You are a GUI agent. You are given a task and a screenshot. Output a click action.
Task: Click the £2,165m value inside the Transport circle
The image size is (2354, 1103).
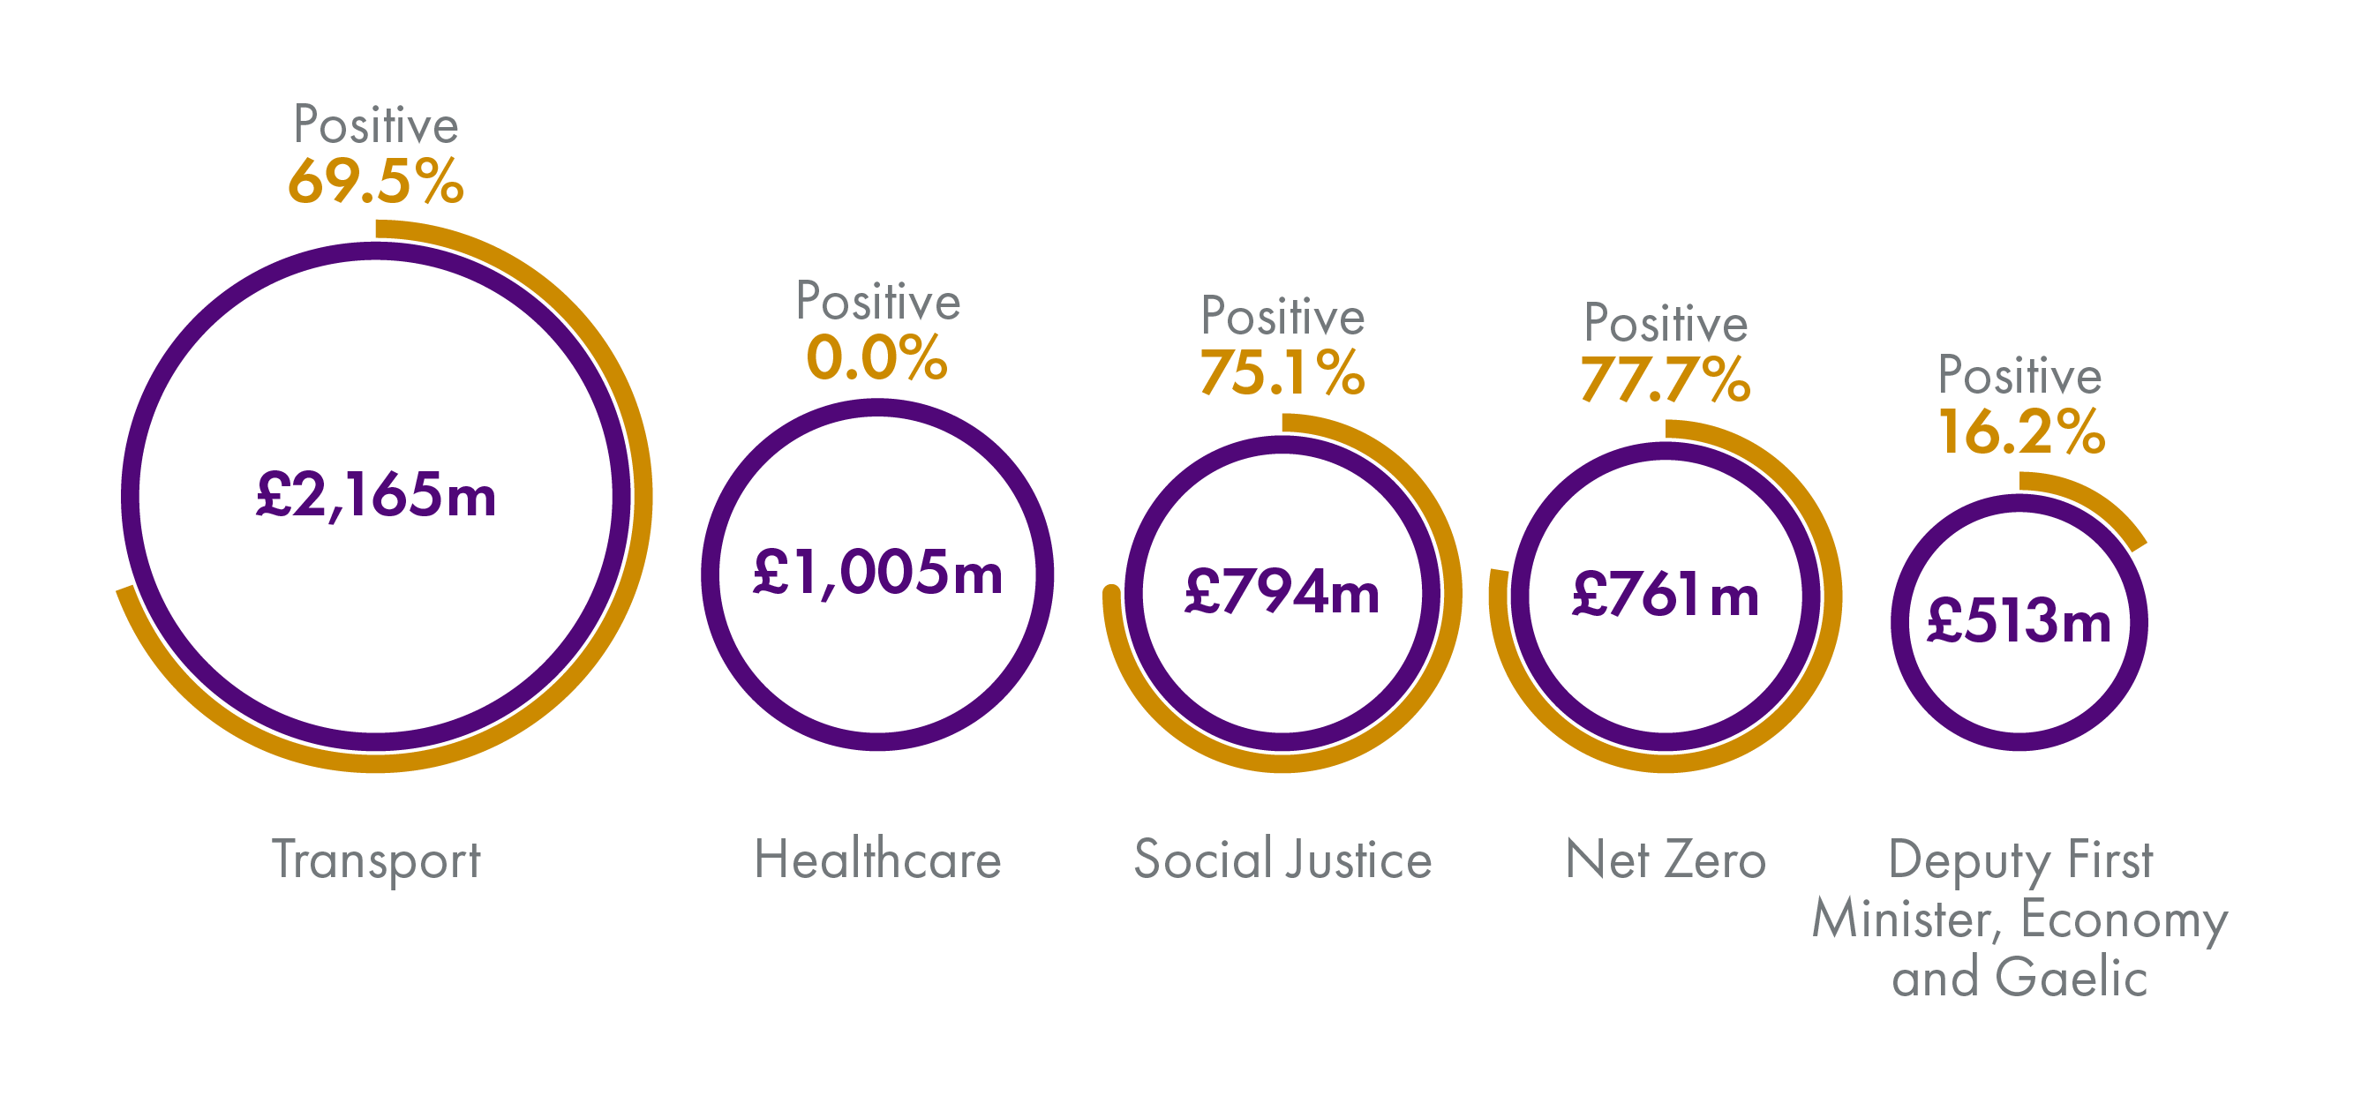pyautogui.click(x=376, y=496)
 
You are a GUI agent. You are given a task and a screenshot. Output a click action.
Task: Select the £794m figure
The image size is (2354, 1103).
pyautogui.click(x=1282, y=592)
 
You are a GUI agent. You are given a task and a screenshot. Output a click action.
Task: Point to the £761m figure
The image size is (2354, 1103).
pyautogui.click(x=1665, y=596)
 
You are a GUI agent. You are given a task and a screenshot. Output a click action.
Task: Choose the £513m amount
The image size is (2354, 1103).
pyautogui.click(x=2019, y=621)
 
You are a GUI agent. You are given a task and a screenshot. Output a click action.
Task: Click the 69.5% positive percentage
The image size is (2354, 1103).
pyautogui.click(x=376, y=181)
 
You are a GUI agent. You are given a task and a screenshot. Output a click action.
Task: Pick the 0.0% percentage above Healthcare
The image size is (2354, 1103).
pyautogui.click(x=876, y=357)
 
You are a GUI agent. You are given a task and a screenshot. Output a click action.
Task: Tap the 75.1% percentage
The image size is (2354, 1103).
pyautogui.click(x=1282, y=373)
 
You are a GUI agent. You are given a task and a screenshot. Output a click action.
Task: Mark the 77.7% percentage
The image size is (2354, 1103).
pyautogui.click(x=1665, y=379)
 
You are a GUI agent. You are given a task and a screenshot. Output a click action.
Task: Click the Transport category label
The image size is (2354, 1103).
pyautogui.click(x=376, y=860)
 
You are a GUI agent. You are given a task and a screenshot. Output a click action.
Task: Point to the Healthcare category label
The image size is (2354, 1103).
pyautogui.click(x=877, y=860)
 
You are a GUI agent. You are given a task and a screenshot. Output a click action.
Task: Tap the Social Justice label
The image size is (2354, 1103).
pyautogui.click(x=1282, y=860)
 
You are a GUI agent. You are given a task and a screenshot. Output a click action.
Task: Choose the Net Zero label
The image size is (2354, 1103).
pyautogui.click(x=1665, y=860)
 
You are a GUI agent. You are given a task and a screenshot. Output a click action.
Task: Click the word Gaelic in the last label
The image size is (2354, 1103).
pyautogui.click(x=2071, y=978)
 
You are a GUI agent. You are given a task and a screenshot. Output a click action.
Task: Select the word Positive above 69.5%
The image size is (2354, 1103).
pyautogui.click(x=376, y=125)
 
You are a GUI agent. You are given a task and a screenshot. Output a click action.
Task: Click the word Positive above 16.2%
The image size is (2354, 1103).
pyautogui.click(x=2019, y=376)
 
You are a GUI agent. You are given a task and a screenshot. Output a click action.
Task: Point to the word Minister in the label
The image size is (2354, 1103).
pyautogui.click(x=1907, y=919)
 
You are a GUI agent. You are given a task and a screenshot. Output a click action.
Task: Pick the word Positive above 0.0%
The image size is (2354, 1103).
pyautogui.click(x=877, y=302)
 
